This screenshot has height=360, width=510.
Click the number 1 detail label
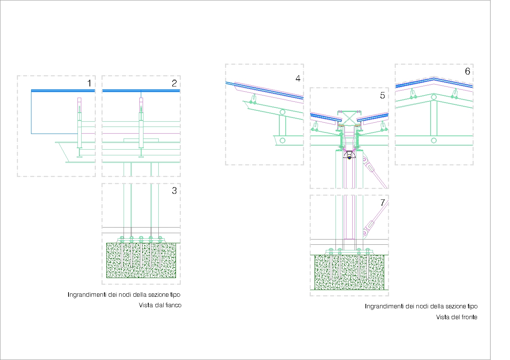click(x=89, y=83)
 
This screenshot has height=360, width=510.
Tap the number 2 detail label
click(x=174, y=83)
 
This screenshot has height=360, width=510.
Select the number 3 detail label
click(x=174, y=191)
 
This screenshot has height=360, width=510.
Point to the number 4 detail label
click(x=298, y=79)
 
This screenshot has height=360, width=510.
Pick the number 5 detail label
click(x=383, y=95)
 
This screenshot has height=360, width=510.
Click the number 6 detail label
click(x=467, y=71)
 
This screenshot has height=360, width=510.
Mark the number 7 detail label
click(x=383, y=202)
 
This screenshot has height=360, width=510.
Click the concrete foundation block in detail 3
click(x=141, y=260)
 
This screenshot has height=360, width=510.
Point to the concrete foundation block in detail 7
click(x=349, y=272)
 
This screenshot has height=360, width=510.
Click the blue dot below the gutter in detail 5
click(x=349, y=158)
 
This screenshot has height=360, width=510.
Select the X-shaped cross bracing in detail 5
click(x=349, y=118)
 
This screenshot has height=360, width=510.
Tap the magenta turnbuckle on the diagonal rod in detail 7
click(x=370, y=225)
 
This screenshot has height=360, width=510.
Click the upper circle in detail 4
click(x=282, y=112)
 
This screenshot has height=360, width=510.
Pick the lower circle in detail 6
click(x=434, y=140)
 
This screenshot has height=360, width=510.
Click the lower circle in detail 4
click(x=282, y=140)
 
